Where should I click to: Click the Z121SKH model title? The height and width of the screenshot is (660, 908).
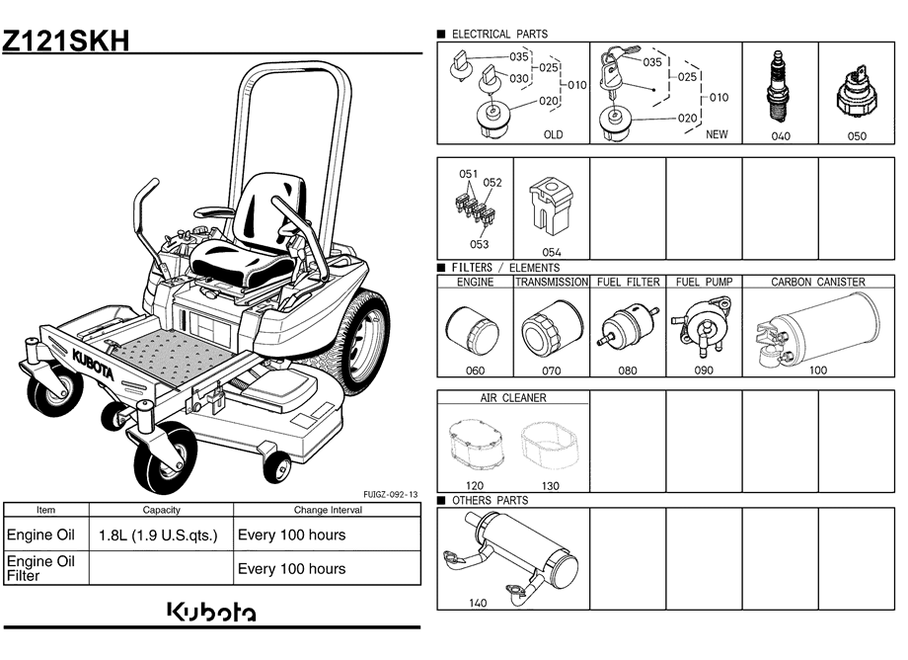click(x=65, y=41)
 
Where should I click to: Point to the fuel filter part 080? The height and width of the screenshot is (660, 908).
click(x=626, y=329)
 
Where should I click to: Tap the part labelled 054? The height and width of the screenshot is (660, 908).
click(x=552, y=208)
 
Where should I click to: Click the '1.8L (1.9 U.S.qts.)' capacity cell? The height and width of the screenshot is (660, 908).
click(x=159, y=536)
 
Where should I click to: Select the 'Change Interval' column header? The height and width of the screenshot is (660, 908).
click(x=328, y=510)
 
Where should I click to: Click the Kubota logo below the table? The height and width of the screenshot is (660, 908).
click(x=211, y=613)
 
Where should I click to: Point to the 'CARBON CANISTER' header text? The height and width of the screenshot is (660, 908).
click(x=817, y=283)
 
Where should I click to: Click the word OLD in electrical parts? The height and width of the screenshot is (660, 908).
click(x=553, y=135)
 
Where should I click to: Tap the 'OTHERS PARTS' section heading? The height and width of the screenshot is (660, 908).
click(x=490, y=501)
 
